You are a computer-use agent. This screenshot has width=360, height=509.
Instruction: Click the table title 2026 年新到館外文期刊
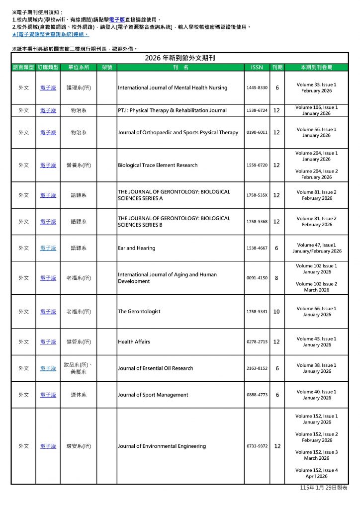[x=180, y=58]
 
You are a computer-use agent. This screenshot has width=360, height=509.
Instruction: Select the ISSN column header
[x=257, y=67]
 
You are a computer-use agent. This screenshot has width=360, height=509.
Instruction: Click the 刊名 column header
[x=180, y=67]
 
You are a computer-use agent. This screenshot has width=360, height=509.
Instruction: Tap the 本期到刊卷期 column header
[x=316, y=67]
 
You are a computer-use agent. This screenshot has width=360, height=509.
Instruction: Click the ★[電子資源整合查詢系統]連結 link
[x=50, y=35]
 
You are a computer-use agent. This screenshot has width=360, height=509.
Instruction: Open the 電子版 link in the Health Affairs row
[x=48, y=342]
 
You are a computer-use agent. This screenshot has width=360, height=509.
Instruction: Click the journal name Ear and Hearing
[x=136, y=248]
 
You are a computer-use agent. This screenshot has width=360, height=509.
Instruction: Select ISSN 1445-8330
[x=257, y=88]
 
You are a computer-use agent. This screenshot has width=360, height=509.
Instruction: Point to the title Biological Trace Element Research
[x=158, y=165]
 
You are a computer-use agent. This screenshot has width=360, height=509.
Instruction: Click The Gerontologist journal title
[x=139, y=312]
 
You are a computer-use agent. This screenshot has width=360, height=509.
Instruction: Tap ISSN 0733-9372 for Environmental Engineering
[x=257, y=446]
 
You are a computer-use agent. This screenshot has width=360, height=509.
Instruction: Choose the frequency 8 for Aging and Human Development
[x=276, y=278]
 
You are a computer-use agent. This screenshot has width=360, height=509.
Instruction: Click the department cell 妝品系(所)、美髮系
[x=79, y=368]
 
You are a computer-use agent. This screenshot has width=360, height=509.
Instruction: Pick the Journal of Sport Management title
[x=153, y=395]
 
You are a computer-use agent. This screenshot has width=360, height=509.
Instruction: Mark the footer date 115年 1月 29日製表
[x=324, y=489]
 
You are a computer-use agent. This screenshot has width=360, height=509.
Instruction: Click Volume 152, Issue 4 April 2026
[x=316, y=473]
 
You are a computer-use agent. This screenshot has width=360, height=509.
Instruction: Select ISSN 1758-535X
[x=257, y=195]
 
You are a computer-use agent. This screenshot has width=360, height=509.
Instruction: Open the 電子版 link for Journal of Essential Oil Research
[x=48, y=368]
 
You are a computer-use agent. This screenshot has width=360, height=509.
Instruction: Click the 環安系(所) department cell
[x=79, y=446]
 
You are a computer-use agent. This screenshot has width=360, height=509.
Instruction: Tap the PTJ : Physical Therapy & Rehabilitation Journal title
[x=172, y=110]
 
